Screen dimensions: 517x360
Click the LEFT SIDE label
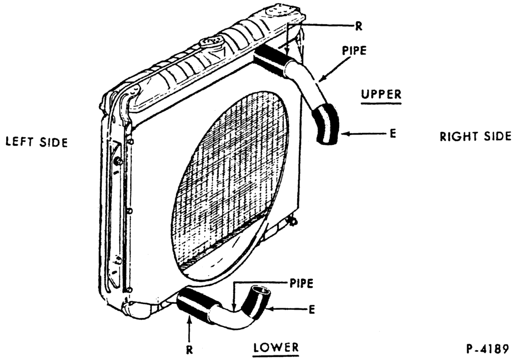(37, 142)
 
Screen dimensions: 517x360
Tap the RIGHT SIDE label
(476, 136)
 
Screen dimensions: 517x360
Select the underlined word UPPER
(381, 94)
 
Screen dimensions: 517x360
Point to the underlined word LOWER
(276, 347)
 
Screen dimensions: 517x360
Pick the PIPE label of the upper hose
(354, 51)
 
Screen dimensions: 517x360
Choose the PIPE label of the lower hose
(301, 283)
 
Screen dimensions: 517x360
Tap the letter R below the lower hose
(189, 350)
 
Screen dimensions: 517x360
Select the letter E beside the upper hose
(392, 134)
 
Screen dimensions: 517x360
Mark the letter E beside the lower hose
(312, 309)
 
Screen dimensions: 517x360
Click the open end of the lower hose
(262, 290)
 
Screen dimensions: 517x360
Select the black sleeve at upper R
(272, 58)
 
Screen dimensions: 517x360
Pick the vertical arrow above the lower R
(189, 328)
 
